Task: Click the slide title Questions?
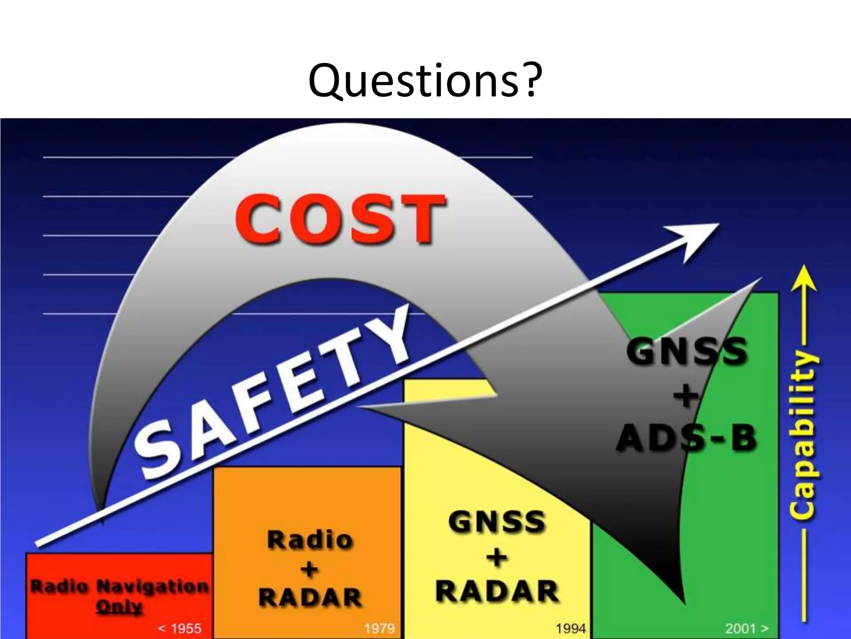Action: click(425, 80)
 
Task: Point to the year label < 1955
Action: click(180, 627)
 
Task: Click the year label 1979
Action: click(379, 627)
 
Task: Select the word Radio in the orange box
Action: click(310, 540)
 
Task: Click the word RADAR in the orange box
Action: click(310, 598)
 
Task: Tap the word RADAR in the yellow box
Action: click(497, 591)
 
